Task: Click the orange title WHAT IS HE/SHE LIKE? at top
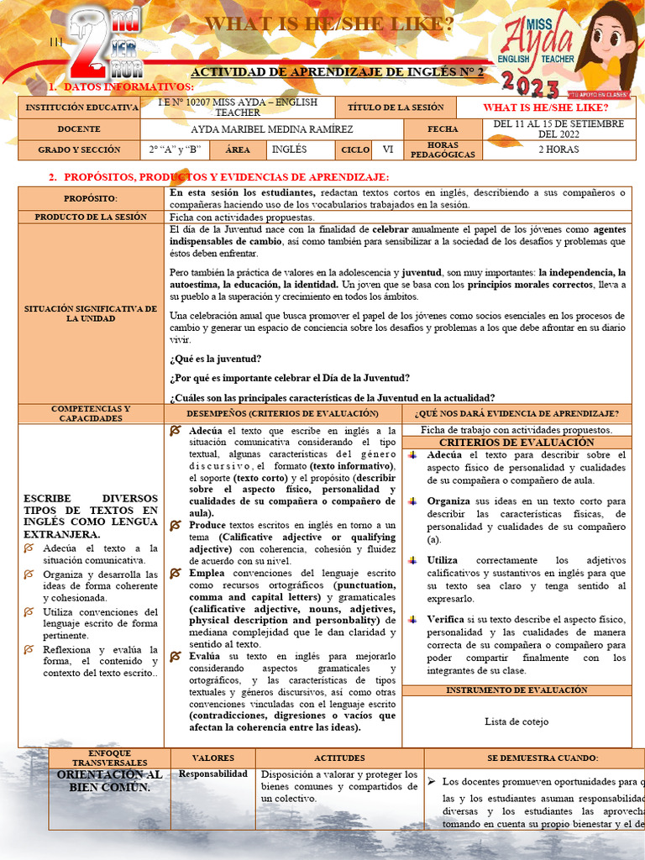pyautogui.click(x=329, y=24)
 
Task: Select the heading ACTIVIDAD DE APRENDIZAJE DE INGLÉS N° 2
pyautogui.click(x=338, y=73)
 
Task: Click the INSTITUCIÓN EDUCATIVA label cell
pyautogui.click(x=81, y=107)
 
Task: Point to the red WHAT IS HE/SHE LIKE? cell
pyautogui.click(x=545, y=107)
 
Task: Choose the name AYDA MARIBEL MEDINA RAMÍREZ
pyautogui.click(x=271, y=129)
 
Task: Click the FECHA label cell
pyautogui.click(x=443, y=129)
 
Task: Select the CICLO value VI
pyautogui.click(x=387, y=149)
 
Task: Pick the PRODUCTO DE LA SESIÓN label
pyautogui.click(x=91, y=217)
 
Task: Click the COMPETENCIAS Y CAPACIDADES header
pyautogui.click(x=91, y=413)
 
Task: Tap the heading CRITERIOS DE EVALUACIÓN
pyautogui.click(x=517, y=442)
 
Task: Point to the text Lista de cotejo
pyautogui.click(x=517, y=721)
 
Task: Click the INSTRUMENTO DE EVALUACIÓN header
pyautogui.click(x=517, y=690)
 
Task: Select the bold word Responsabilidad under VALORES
pyautogui.click(x=213, y=773)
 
